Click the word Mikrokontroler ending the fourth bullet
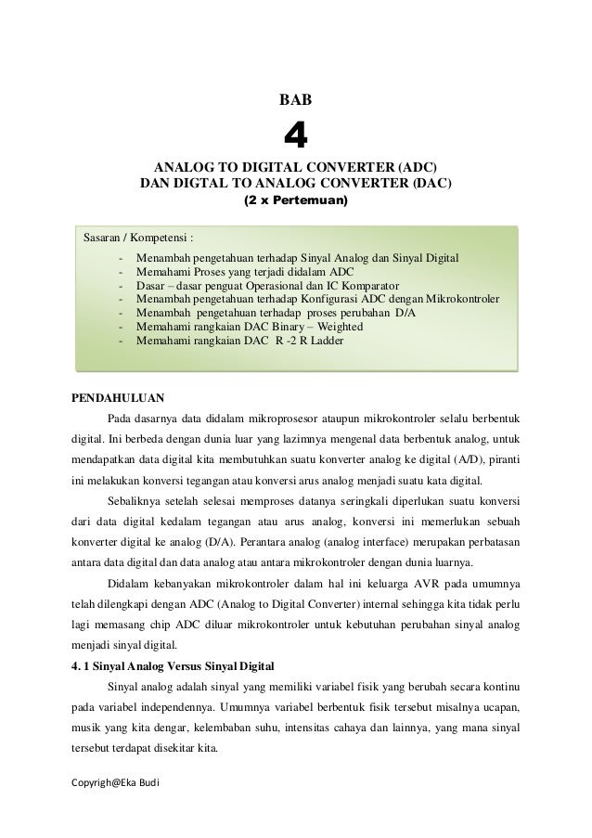[x=463, y=300]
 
